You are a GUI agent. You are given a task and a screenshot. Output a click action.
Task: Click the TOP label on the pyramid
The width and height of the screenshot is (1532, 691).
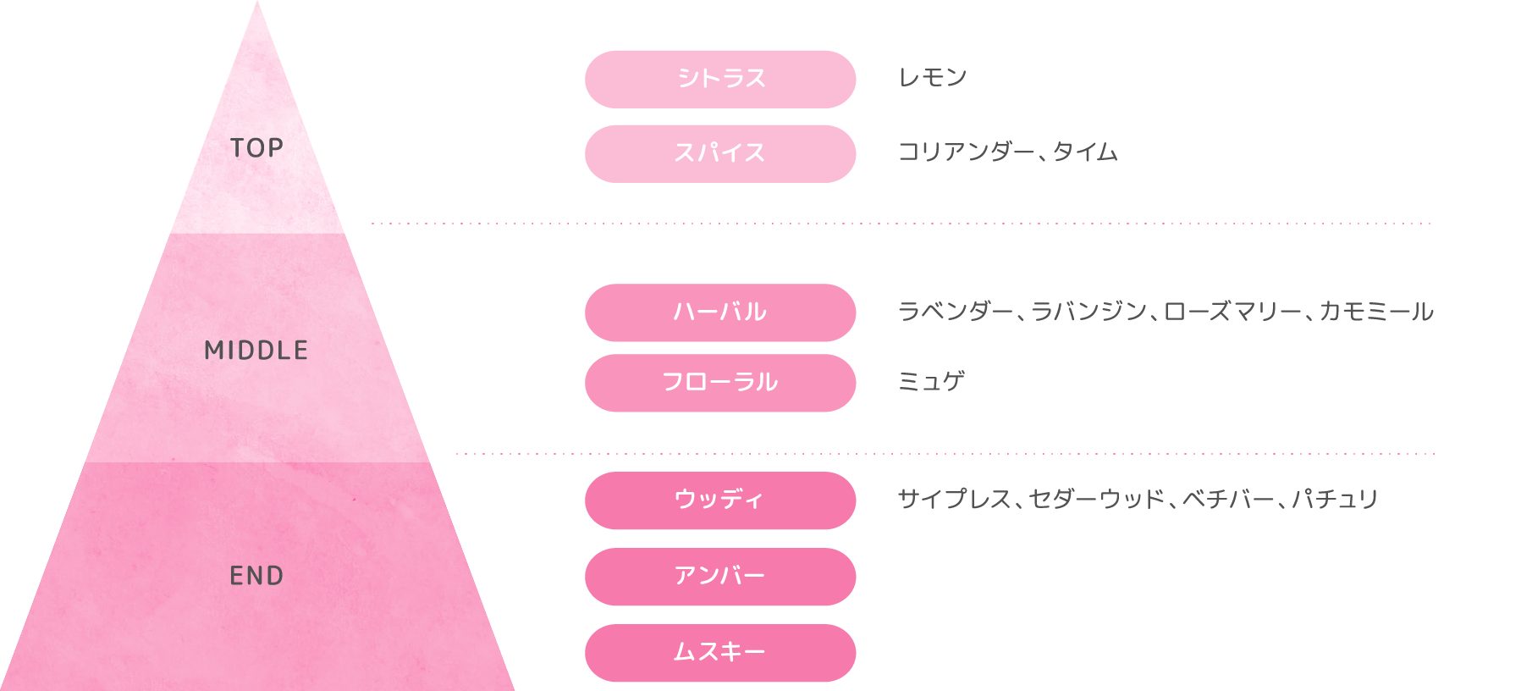(256, 148)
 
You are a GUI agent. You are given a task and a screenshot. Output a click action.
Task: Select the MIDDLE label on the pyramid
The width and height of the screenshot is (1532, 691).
(256, 350)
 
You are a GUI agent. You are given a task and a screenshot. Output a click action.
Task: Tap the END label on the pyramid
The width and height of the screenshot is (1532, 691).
(256, 576)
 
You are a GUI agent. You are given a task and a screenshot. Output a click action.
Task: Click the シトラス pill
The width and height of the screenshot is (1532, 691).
(720, 79)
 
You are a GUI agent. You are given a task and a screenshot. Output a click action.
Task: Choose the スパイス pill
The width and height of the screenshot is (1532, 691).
(720, 153)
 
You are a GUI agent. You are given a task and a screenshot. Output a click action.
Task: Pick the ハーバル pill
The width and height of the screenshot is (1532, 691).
(720, 312)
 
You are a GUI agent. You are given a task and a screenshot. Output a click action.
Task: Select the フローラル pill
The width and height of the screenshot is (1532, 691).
(720, 383)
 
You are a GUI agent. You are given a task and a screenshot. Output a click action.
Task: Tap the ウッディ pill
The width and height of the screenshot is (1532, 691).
(720, 500)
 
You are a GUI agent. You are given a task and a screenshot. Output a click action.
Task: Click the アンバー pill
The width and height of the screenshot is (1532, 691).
(720, 577)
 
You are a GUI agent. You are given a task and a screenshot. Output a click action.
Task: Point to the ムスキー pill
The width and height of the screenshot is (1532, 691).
(720, 653)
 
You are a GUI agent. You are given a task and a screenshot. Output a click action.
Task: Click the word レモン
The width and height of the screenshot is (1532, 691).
(932, 78)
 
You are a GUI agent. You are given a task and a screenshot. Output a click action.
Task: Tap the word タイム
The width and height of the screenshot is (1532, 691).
(1085, 152)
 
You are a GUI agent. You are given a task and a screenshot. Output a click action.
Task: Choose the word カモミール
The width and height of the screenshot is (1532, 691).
(1377, 312)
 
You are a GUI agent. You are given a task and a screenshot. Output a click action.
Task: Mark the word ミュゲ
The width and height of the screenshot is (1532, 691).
(931, 382)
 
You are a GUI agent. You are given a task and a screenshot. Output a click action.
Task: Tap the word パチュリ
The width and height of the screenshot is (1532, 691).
(1336, 500)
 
